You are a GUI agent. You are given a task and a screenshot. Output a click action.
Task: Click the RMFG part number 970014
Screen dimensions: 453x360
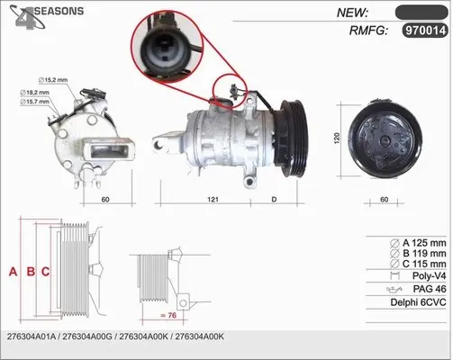point(425,31)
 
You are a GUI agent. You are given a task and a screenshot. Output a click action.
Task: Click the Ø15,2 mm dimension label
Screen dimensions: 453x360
point(53,80)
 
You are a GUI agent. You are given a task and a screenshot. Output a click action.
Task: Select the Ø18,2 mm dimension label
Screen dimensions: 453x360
point(34,93)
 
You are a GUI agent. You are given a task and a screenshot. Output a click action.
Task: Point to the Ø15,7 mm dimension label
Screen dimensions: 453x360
point(34,102)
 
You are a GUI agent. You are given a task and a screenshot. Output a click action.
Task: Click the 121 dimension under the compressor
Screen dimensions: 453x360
point(213,199)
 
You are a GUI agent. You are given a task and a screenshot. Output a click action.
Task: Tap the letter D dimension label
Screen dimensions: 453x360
point(274,199)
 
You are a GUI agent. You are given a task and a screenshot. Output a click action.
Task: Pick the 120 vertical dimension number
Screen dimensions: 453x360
point(337,138)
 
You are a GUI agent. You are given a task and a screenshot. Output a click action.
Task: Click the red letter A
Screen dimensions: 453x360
point(13,272)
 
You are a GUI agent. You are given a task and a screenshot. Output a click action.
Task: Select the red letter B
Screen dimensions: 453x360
point(31,272)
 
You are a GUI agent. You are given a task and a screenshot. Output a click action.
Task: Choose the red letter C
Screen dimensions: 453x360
point(45,272)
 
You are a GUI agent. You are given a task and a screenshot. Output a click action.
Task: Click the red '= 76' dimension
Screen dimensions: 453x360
point(168,315)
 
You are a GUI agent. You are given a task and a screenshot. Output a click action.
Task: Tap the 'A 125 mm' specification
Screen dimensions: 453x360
point(424,242)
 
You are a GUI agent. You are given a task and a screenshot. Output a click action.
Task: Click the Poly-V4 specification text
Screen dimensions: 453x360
point(429,275)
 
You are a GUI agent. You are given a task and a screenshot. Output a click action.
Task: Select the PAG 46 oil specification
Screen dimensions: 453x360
point(430,289)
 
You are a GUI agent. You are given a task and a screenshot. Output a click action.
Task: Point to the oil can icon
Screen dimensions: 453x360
point(394,290)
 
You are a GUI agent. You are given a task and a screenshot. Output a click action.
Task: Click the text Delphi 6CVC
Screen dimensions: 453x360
point(418,302)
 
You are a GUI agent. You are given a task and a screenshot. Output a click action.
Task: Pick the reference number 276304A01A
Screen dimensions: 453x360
point(32,337)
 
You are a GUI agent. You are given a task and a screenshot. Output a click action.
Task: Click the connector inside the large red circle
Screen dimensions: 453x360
point(165,48)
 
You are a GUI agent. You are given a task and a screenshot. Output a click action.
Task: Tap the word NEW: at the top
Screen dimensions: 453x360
point(352,13)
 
